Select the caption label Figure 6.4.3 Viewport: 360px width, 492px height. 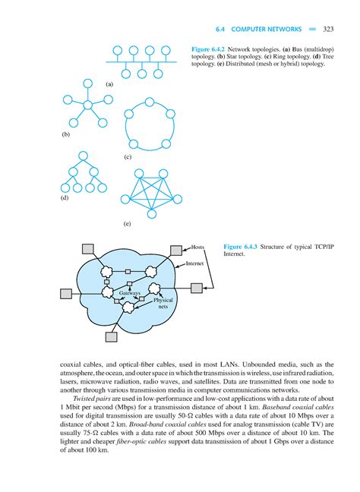[245, 248]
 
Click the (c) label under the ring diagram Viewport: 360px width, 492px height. [128, 156]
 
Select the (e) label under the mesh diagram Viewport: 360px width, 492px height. [127, 224]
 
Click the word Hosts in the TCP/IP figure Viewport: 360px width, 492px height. [199, 248]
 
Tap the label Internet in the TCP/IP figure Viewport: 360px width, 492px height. [197, 263]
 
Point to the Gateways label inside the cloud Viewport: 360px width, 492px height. [130, 292]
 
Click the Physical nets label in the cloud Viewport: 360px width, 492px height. [163, 303]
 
